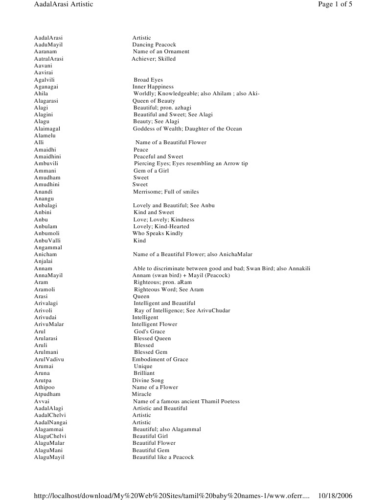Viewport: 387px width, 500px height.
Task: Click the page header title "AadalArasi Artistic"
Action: click(63, 4)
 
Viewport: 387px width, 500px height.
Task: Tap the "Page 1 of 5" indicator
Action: click(335, 4)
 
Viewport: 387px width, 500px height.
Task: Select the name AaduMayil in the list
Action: click(48, 44)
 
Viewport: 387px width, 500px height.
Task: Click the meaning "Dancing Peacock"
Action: click(154, 44)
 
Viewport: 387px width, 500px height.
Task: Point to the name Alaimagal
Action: click(48, 129)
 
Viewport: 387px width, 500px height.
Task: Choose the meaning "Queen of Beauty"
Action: click(154, 101)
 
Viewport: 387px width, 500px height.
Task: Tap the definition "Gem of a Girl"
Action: click(152, 171)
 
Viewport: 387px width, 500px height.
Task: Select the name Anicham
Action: click(46, 255)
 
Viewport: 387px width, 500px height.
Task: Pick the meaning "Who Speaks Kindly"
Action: click(158, 234)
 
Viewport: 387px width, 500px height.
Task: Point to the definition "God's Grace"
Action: click(149, 331)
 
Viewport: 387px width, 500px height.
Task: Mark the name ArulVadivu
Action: click(49, 359)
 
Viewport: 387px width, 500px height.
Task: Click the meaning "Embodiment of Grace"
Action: click(160, 359)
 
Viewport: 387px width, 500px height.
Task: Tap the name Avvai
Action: click(42, 401)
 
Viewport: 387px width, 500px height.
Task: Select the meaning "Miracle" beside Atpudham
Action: click(141, 394)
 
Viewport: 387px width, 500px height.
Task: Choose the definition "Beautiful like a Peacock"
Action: click(163, 457)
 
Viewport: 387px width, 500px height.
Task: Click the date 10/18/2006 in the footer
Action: click(335, 495)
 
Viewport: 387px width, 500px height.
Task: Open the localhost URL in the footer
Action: click(171, 495)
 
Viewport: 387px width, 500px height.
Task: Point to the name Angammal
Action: click(48, 248)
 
